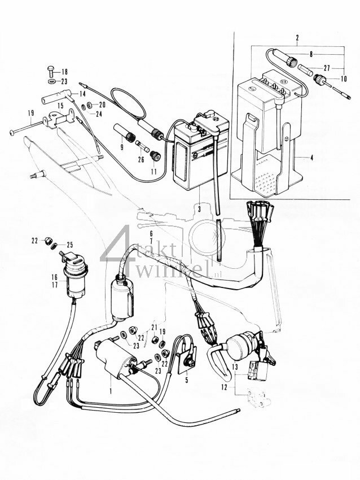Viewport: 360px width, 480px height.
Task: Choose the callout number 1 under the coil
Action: point(111,390)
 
